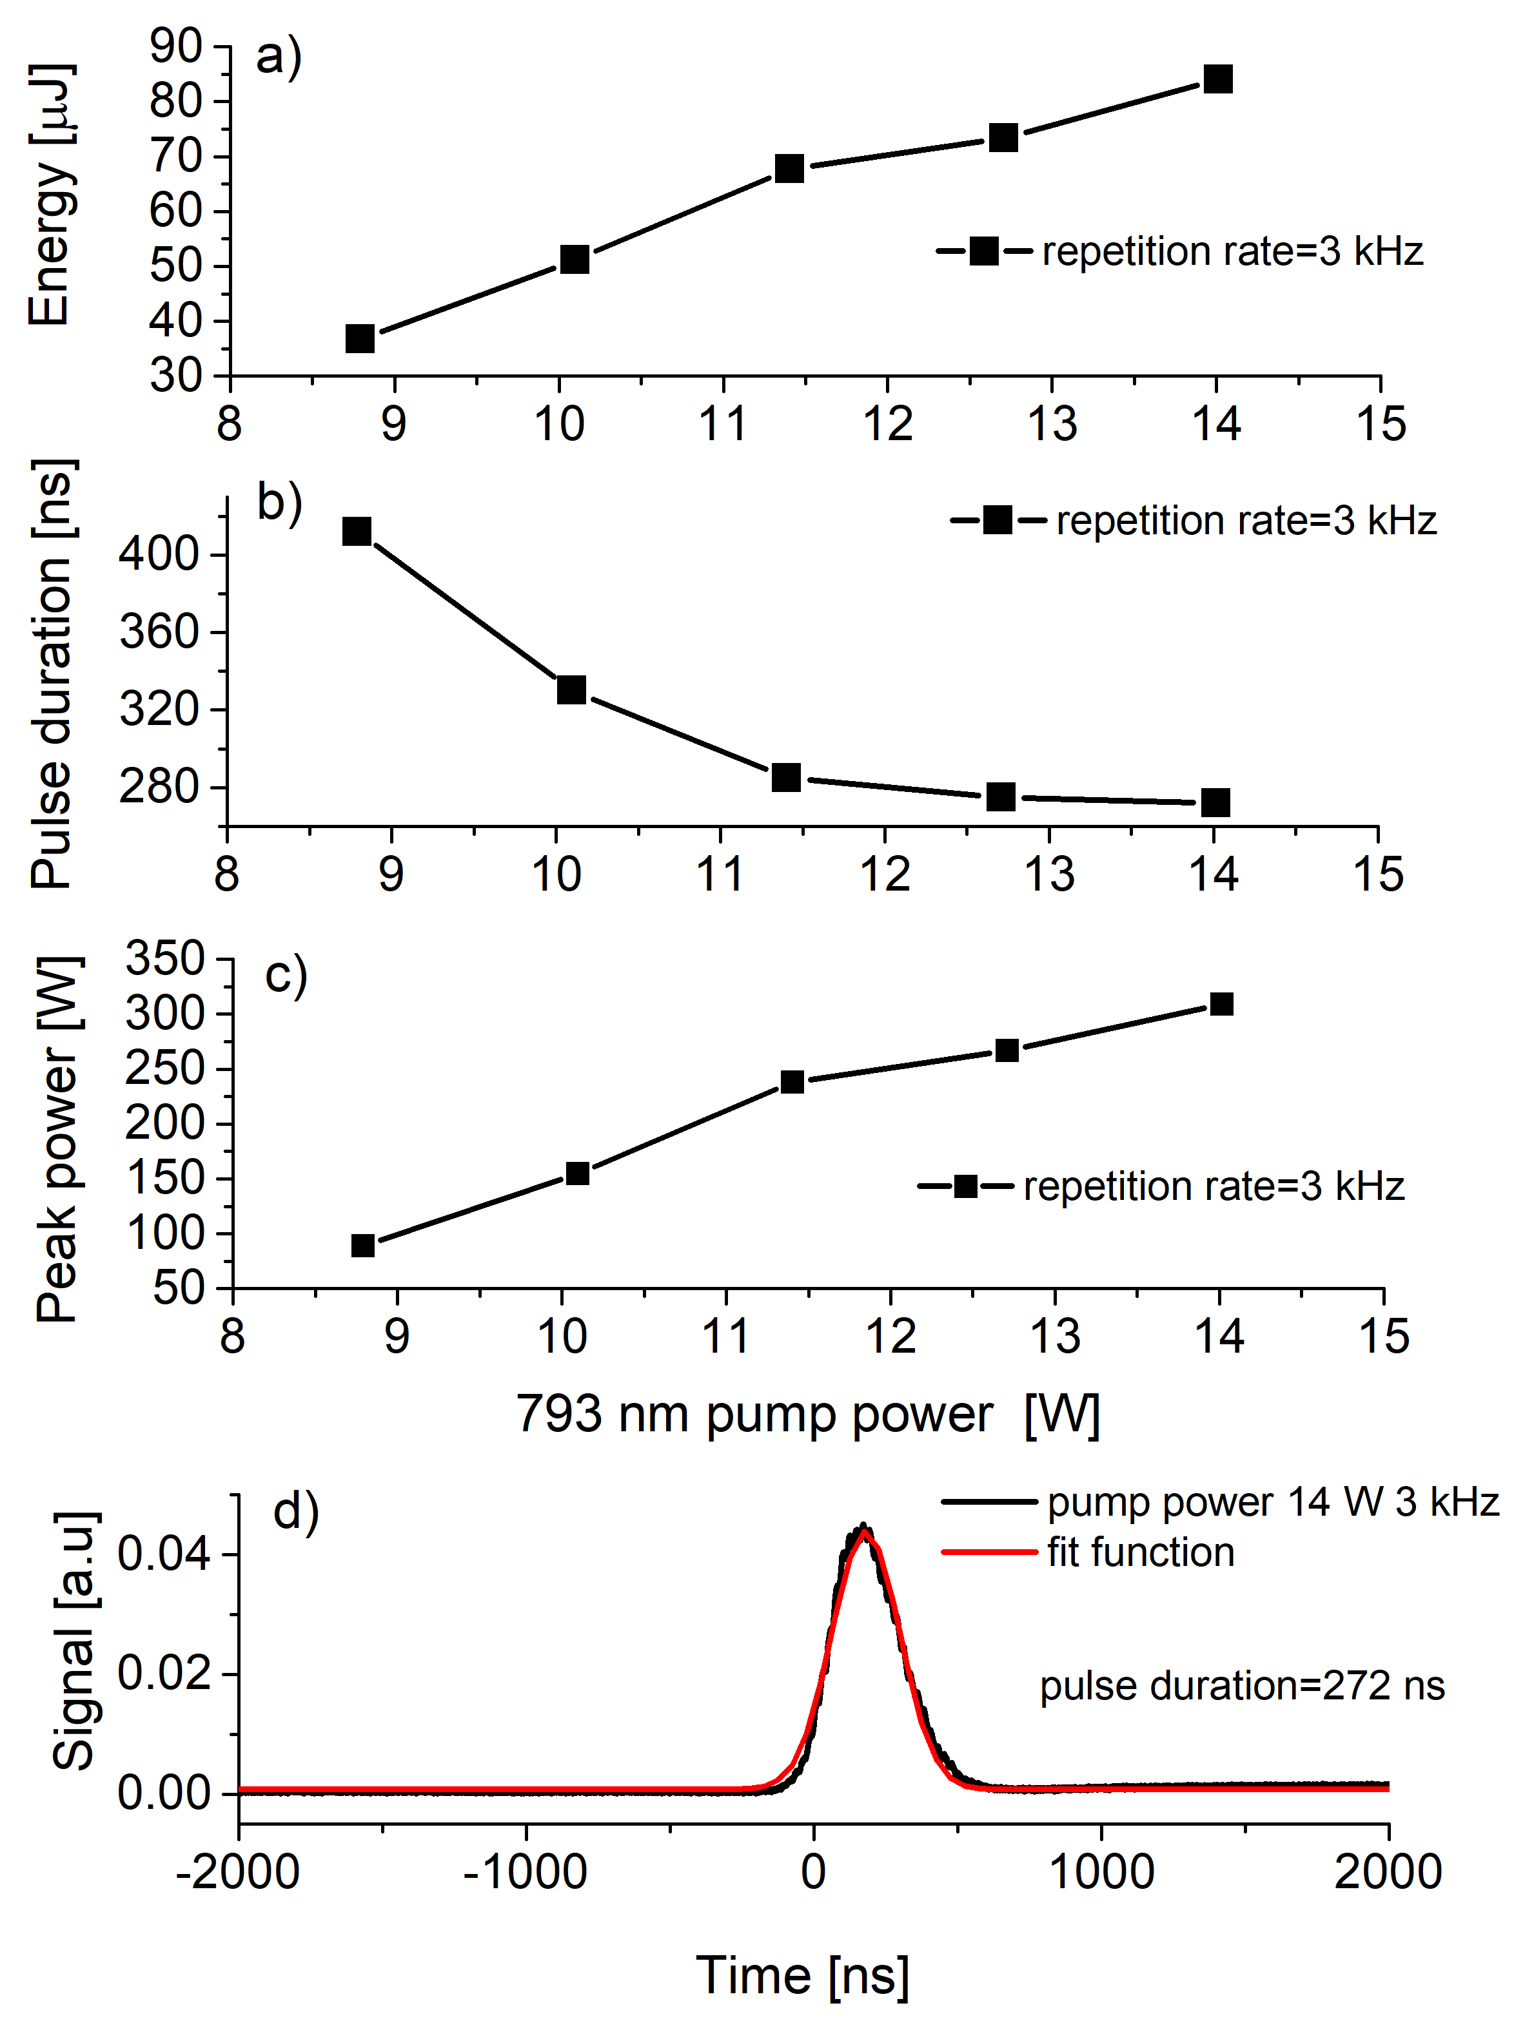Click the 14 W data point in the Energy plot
tap(1218, 79)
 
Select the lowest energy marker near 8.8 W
tap(360, 338)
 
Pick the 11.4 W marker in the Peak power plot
tap(792, 1081)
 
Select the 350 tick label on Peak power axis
tap(165, 960)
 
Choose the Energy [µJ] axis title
tap(50, 195)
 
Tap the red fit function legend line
tap(989, 1552)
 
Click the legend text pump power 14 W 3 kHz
tap(1272, 1502)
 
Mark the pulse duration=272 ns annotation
tap(1242, 1686)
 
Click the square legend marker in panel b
tap(998, 520)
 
